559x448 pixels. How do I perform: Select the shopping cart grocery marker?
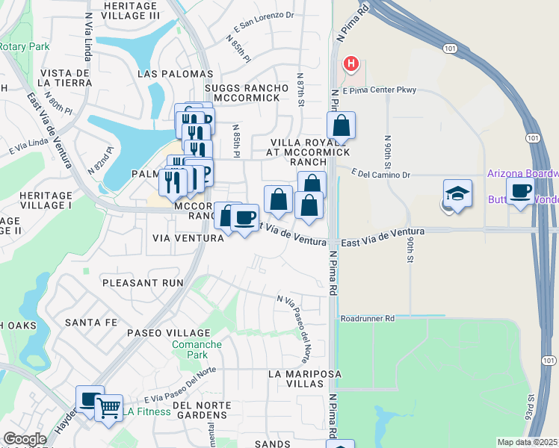tap(109, 408)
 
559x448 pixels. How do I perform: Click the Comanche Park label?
tap(197, 349)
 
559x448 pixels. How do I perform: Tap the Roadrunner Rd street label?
tap(366, 318)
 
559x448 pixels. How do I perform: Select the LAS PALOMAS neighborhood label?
tap(176, 75)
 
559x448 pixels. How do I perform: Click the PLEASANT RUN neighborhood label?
tap(143, 283)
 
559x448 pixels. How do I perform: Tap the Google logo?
tap(25, 439)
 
